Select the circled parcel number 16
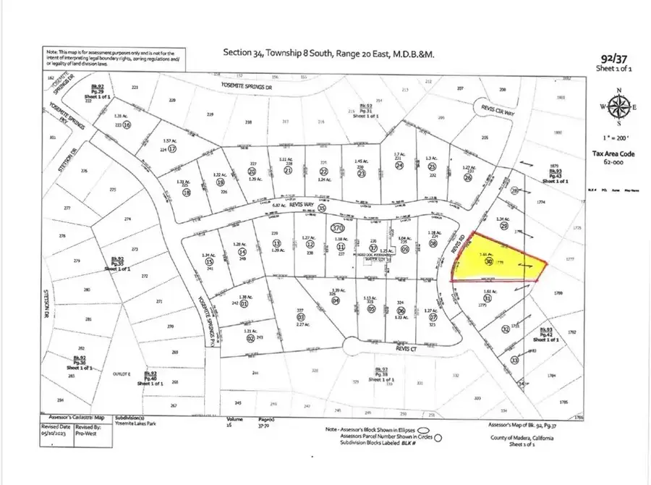pyautogui.click(x=127, y=125)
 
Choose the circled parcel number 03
pyautogui.click(x=301, y=317)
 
